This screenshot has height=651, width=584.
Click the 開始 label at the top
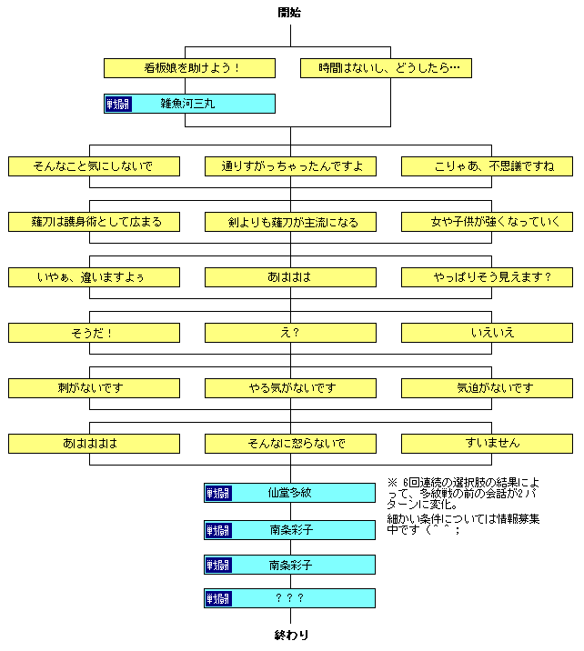[x=290, y=12]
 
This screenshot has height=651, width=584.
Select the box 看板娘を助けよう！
[x=189, y=68]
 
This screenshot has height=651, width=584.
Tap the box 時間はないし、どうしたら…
[x=386, y=68]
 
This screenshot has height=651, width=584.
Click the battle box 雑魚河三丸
[x=189, y=104]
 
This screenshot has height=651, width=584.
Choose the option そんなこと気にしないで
[x=94, y=166]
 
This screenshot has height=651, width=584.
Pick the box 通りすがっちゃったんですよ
[x=290, y=166]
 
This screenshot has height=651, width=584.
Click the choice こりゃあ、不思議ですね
[x=487, y=166]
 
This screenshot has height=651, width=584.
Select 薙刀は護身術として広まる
[x=94, y=222]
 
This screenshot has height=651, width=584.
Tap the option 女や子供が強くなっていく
[x=487, y=222]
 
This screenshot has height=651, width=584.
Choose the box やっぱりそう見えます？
[x=487, y=277]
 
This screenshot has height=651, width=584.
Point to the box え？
[x=290, y=333]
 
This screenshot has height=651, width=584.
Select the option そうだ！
[x=94, y=333]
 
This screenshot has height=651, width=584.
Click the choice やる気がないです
[x=290, y=388]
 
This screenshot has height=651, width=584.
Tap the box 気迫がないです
[x=487, y=388]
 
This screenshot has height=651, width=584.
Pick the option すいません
[x=487, y=444]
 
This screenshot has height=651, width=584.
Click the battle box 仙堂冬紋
[x=290, y=493]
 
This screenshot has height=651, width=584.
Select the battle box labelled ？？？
[x=290, y=598]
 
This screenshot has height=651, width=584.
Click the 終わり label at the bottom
[x=290, y=636]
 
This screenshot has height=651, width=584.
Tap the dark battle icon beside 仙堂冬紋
[x=218, y=493]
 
